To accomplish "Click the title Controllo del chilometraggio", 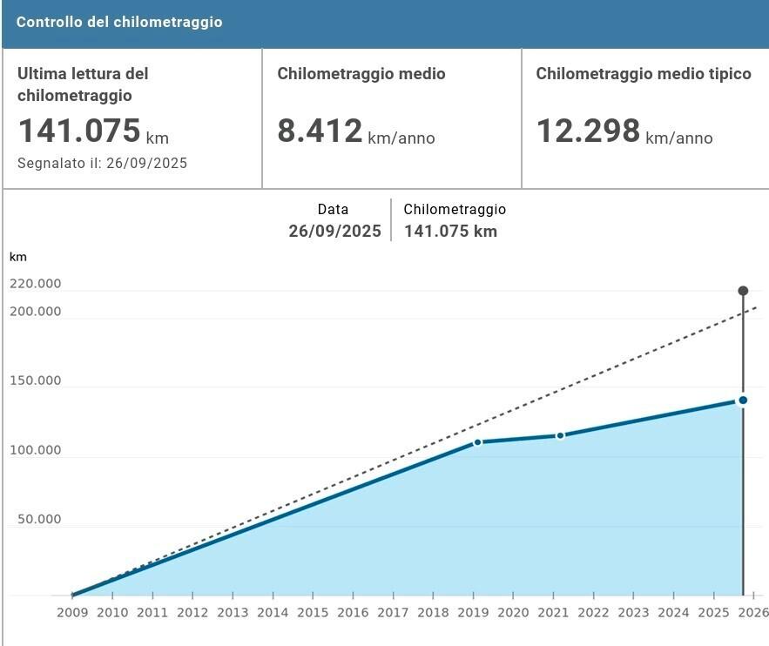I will [119, 23].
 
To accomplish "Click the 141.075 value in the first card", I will [79, 131].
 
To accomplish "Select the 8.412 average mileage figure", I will [320, 131].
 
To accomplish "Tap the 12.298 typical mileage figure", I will [588, 131].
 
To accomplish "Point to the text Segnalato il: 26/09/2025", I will [103, 163].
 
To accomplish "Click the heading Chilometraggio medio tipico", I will [644, 74].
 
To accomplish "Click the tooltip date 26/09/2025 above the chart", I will [335, 232].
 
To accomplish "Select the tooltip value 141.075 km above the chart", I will [450, 232].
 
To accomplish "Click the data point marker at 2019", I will [477, 442].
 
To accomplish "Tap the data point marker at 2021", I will [560, 435].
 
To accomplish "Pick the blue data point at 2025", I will [743, 400].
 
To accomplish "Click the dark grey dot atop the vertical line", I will [743, 291].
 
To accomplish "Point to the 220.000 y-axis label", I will [36, 284].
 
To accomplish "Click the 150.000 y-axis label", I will [36, 380].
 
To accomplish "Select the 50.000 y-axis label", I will [39, 520].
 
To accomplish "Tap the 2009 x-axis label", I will [72, 613].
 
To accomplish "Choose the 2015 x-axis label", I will [313, 613].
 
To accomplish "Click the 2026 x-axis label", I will [753, 613].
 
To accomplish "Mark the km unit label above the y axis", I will [17, 257].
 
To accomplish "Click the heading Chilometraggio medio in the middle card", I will [361, 74].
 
